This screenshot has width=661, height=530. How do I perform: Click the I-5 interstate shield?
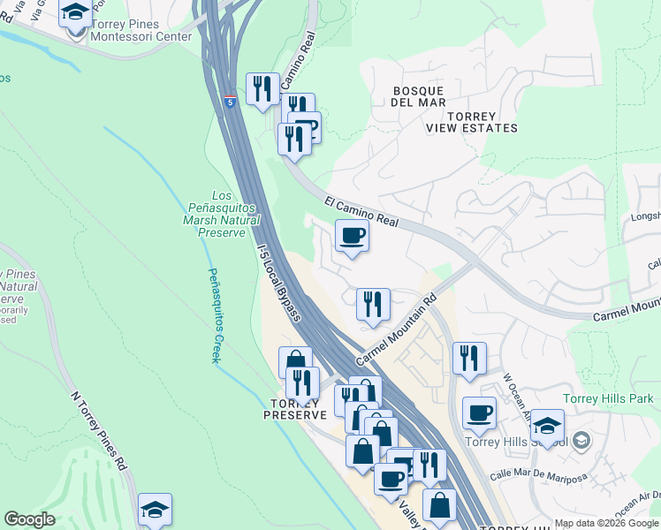coord(230,102)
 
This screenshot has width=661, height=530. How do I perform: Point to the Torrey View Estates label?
coord(471,122)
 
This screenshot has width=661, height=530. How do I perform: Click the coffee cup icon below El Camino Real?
coord(352,236)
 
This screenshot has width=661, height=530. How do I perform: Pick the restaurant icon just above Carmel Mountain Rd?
coord(373,304)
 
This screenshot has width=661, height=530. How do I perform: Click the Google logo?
coord(29,519)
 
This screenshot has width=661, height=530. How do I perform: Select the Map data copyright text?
coord(606,523)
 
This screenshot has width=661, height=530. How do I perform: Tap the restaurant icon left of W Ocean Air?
coord(469,358)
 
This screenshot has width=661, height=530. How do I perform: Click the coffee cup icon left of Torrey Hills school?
coord(479,412)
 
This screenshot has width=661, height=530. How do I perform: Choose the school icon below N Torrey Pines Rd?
coord(155,510)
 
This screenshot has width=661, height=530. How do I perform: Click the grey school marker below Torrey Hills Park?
coord(581,439)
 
